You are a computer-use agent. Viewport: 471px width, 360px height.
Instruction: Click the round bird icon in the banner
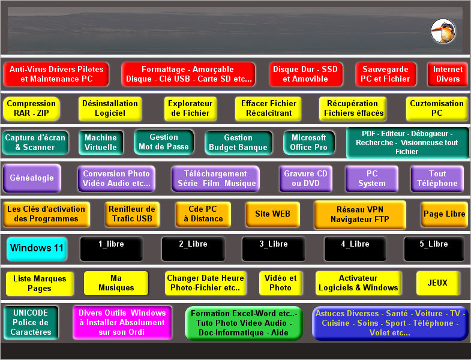point(443,31)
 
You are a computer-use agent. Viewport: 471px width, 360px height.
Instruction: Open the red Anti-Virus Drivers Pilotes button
point(56,74)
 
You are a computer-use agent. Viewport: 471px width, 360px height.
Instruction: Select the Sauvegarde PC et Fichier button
point(386,74)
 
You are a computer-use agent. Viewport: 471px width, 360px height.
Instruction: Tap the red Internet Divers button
point(448,74)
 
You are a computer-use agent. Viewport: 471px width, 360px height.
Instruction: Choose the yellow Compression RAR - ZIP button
point(31,109)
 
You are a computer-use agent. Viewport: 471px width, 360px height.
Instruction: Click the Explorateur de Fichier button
point(190,109)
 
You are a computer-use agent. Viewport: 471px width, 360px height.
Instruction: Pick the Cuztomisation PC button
point(437,109)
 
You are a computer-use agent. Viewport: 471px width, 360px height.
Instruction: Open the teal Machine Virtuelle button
point(101,142)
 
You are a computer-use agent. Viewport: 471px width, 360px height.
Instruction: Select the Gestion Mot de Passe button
point(164,142)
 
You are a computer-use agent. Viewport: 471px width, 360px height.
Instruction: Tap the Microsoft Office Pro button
point(309,142)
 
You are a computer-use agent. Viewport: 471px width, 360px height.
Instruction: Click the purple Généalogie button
point(32,178)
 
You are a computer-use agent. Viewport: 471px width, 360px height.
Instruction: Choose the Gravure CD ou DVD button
point(306,178)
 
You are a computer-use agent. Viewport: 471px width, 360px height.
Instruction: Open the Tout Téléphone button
point(437,178)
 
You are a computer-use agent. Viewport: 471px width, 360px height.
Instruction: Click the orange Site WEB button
point(273,214)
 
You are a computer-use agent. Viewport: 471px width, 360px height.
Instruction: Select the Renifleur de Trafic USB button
point(132,214)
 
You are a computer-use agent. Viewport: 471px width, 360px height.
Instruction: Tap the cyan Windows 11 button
point(37,248)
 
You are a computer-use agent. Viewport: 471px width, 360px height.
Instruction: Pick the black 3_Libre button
point(274,248)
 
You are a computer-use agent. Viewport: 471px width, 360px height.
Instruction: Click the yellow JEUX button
point(438,283)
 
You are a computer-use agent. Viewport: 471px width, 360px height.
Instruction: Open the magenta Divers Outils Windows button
point(122,323)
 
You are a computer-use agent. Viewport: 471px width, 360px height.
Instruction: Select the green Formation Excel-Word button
point(244,323)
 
